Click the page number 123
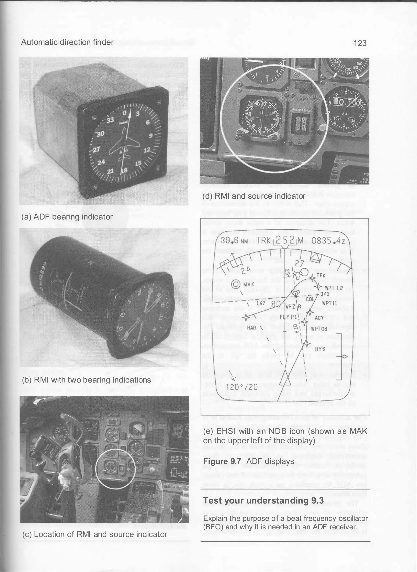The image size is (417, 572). point(360,43)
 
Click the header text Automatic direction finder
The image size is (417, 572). point(67,42)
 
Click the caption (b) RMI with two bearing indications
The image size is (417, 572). point(86,380)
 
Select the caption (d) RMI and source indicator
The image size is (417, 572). point(254,196)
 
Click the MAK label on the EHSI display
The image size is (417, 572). point(249,285)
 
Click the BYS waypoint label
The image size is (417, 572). point(320,349)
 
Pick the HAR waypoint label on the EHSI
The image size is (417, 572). point(251,328)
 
